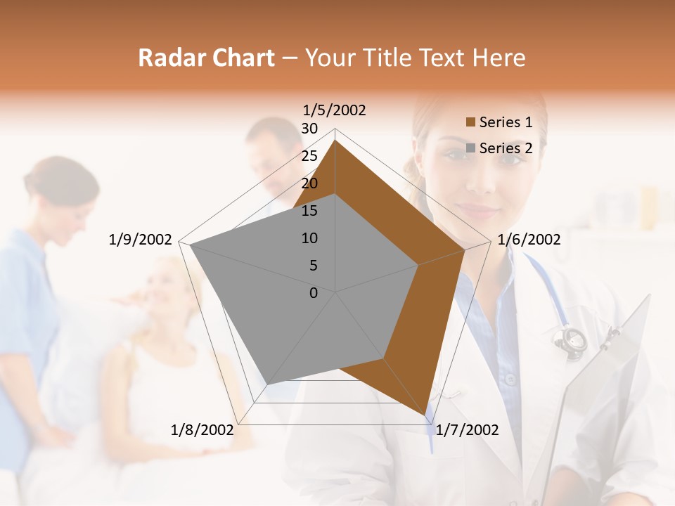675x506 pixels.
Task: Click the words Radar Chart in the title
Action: click(x=206, y=58)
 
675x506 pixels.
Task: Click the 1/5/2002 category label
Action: click(x=335, y=110)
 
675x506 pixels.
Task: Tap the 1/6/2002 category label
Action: click(x=529, y=240)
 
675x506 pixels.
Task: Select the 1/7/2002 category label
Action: click(x=468, y=430)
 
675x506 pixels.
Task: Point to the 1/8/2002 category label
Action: click(x=202, y=430)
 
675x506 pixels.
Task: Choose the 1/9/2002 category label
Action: click(x=141, y=240)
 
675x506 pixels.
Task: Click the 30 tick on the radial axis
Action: click(x=309, y=129)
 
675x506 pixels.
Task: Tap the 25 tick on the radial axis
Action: click(x=309, y=156)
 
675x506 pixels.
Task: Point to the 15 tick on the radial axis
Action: click(x=309, y=211)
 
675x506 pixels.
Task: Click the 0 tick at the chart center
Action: click(x=314, y=293)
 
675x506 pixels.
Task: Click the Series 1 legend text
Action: click(x=506, y=122)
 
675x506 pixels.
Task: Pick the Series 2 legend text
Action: click(x=506, y=148)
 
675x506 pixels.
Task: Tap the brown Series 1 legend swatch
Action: click(x=471, y=123)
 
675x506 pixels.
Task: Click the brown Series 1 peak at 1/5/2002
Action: click(x=335, y=141)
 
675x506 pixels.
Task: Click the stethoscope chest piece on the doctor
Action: click(x=570, y=339)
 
